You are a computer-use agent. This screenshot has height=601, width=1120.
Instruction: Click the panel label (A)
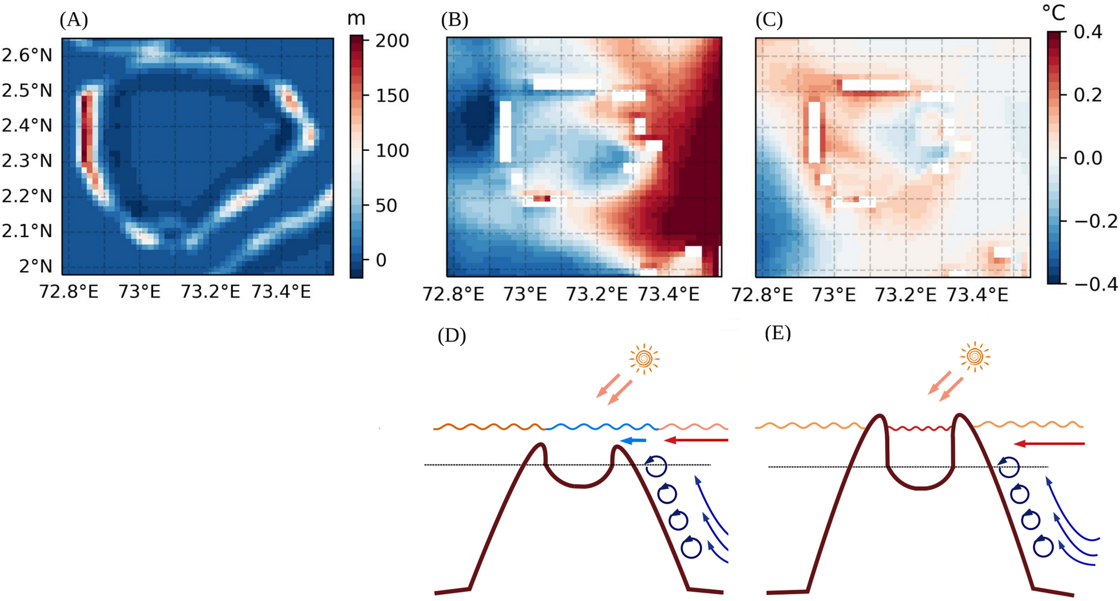[x=74, y=20]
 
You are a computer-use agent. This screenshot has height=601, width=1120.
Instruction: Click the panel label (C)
[x=769, y=20]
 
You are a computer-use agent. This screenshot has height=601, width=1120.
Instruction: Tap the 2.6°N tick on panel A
[x=27, y=55]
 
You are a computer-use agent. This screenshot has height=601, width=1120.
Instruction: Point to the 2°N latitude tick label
[x=35, y=266]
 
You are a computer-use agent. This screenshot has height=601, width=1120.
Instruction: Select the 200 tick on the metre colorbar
[x=392, y=41]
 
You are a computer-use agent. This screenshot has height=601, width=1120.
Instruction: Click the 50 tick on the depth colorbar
[x=386, y=205]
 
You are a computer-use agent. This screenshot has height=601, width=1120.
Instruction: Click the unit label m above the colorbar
[x=356, y=19]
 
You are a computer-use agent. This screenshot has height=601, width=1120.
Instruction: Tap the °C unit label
[x=1054, y=12]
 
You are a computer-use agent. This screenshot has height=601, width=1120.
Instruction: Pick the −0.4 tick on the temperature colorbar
[x=1095, y=284]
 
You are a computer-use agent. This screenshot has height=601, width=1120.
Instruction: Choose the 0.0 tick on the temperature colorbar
[x=1087, y=158]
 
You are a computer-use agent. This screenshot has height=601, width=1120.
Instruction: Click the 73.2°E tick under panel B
[x=596, y=294]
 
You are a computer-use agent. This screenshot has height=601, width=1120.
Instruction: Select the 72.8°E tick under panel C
[x=762, y=294]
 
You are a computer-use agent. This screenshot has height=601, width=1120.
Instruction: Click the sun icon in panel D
[x=644, y=358]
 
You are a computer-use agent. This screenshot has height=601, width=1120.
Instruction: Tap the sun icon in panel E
[x=975, y=356]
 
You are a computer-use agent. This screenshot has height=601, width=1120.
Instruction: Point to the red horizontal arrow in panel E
[x=1049, y=444]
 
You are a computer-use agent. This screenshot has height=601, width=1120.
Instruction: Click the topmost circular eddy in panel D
[x=656, y=465]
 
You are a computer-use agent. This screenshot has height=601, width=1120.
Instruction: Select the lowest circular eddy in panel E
[x=1043, y=546]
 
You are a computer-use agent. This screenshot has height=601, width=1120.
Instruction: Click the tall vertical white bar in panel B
[x=505, y=131]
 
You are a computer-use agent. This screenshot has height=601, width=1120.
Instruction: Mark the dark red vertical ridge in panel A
[x=86, y=129]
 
